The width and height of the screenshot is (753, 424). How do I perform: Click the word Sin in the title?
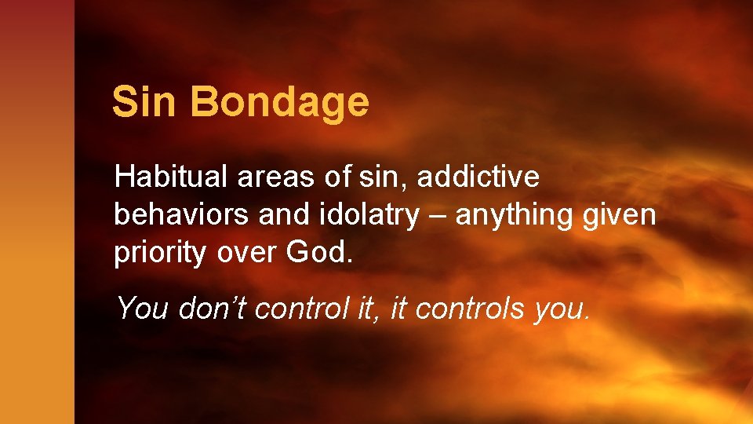tap(143, 102)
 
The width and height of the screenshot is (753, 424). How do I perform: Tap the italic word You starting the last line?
tap(143, 309)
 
